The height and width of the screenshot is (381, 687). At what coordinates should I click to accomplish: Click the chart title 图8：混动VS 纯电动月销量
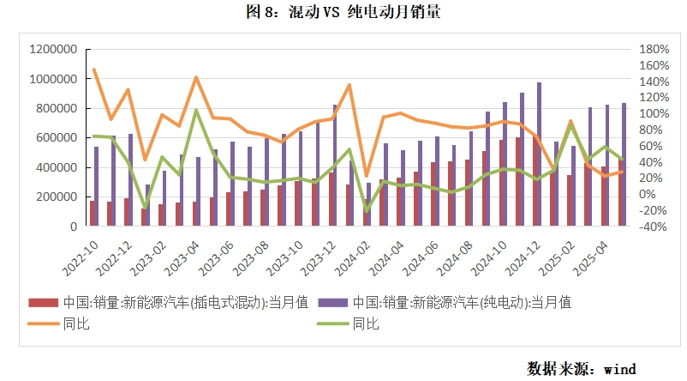pos(343,13)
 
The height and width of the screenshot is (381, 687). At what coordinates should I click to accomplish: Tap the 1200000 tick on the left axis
pos(53,50)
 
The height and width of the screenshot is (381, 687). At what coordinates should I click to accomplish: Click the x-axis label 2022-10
pos(79,257)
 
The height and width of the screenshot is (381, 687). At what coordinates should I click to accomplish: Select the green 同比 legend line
pos(332,324)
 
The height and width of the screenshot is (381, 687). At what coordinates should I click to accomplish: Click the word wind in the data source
pos(619,369)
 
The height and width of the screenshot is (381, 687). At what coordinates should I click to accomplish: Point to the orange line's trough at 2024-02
pos(367,176)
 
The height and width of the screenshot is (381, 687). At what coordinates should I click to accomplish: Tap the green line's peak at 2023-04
pos(196,110)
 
